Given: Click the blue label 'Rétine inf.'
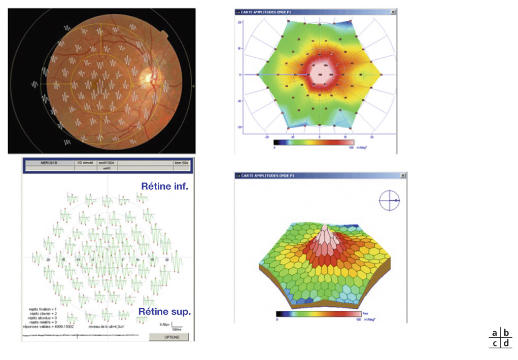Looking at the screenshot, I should pyautogui.click(x=165, y=187).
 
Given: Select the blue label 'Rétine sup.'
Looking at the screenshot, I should pyautogui.click(x=164, y=311).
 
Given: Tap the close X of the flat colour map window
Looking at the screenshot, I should pyautogui.click(x=393, y=12).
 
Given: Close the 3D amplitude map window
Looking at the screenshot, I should pyautogui.click(x=403, y=175).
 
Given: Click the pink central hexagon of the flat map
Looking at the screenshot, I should pyautogui.click(x=320, y=74).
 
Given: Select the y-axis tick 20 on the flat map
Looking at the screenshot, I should pyautogui.click(x=239, y=22).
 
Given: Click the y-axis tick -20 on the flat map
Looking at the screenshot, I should pyautogui.click(x=238, y=127).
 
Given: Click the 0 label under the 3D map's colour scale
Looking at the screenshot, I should pyautogui.click(x=277, y=320).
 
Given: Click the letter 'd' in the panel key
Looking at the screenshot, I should pyautogui.click(x=506, y=344).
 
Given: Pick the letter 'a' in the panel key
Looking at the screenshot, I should pyautogui.click(x=494, y=333).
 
